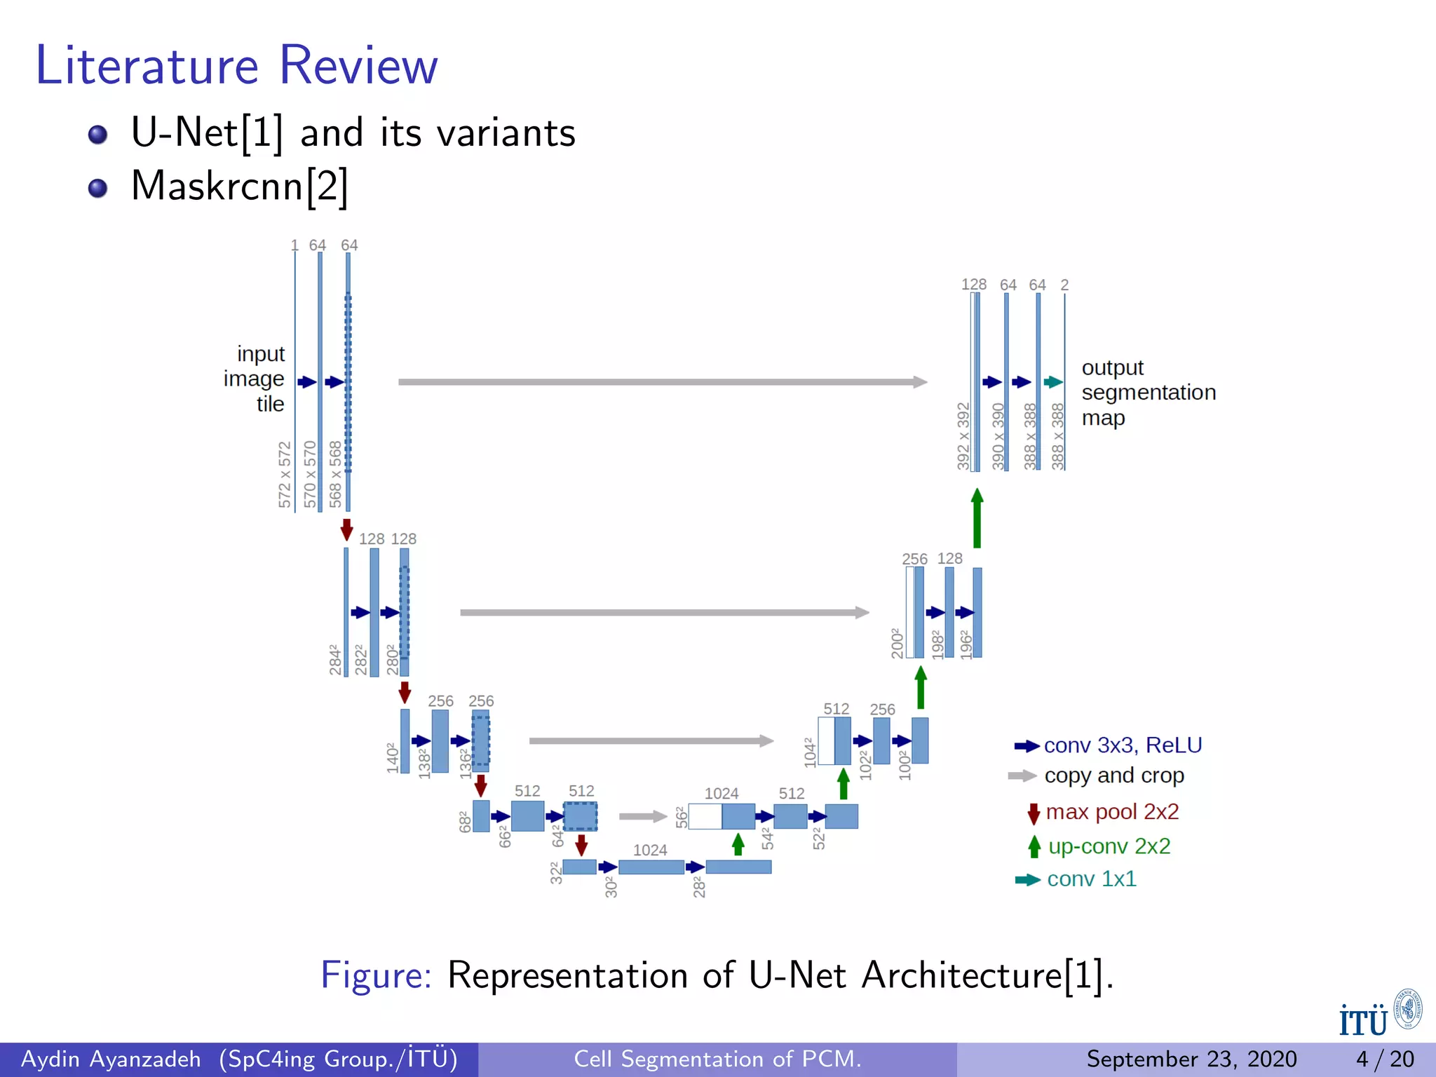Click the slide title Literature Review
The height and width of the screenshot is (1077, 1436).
tap(236, 65)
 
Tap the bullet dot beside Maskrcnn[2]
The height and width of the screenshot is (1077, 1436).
tap(98, 188)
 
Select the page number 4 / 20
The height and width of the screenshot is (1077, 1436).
tap(1384, 1059)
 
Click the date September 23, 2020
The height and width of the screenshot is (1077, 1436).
tap(1191, 1059)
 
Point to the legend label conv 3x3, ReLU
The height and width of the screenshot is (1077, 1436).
tap(1123, 745)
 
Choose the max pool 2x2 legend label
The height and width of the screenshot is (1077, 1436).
tap(1112, 811)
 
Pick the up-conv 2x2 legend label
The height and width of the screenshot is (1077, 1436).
tap(1109, 846)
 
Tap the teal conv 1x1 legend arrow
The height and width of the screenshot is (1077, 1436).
tap(1028, 879)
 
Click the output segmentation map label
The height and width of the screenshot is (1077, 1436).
tap(1148, 392)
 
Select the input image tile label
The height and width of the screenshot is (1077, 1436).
tap(255, 379)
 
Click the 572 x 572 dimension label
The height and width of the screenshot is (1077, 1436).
tap(285, 474)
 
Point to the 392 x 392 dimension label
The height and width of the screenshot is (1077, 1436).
tap(963, 435)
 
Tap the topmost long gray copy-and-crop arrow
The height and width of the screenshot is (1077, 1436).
tap(663, 382)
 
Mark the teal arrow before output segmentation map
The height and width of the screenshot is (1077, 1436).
tap(1053, 382)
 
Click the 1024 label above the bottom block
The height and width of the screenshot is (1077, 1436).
tap(650, 850)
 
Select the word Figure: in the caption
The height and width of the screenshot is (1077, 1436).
tap(377, 975)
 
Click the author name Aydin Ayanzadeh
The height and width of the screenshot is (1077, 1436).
tap(111, 1059)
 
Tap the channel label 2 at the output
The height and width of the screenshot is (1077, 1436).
tap(1064, 285)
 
